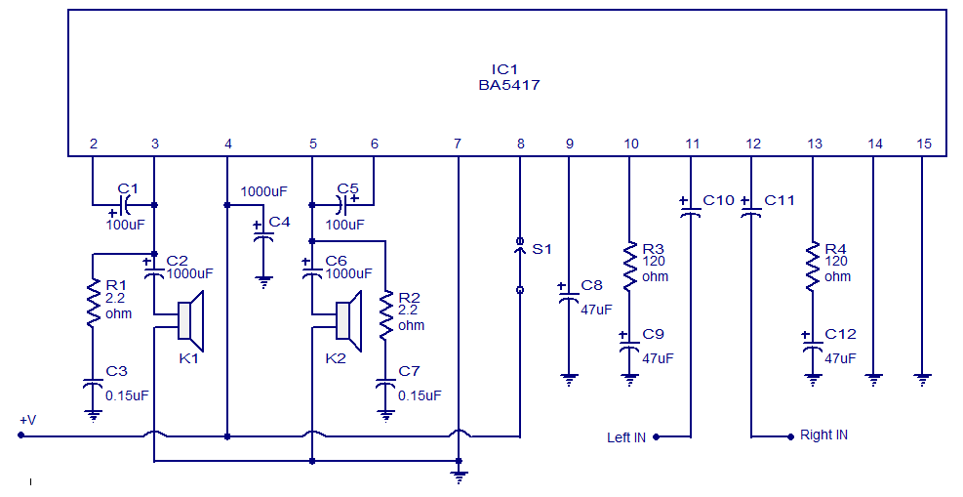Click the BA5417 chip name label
click(x=509, y=85)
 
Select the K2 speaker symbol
click(x=348, y=320)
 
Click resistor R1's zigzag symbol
click(x=93, y=303)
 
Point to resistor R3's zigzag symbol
click(x=629, y=265)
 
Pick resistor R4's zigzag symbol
click(x=811, y=265)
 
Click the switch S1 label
click(x=541, y=249)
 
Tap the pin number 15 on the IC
click(x=924, y=144)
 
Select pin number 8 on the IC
click(x=520, y=144)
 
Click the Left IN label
click(x=625, y=437)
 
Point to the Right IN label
click(x=823, y=435)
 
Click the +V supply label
click(x=27, y=420)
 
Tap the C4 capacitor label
click(x=279, y=222)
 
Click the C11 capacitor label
click(x=780, y=200)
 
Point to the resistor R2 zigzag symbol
click(x=386, y=314)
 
